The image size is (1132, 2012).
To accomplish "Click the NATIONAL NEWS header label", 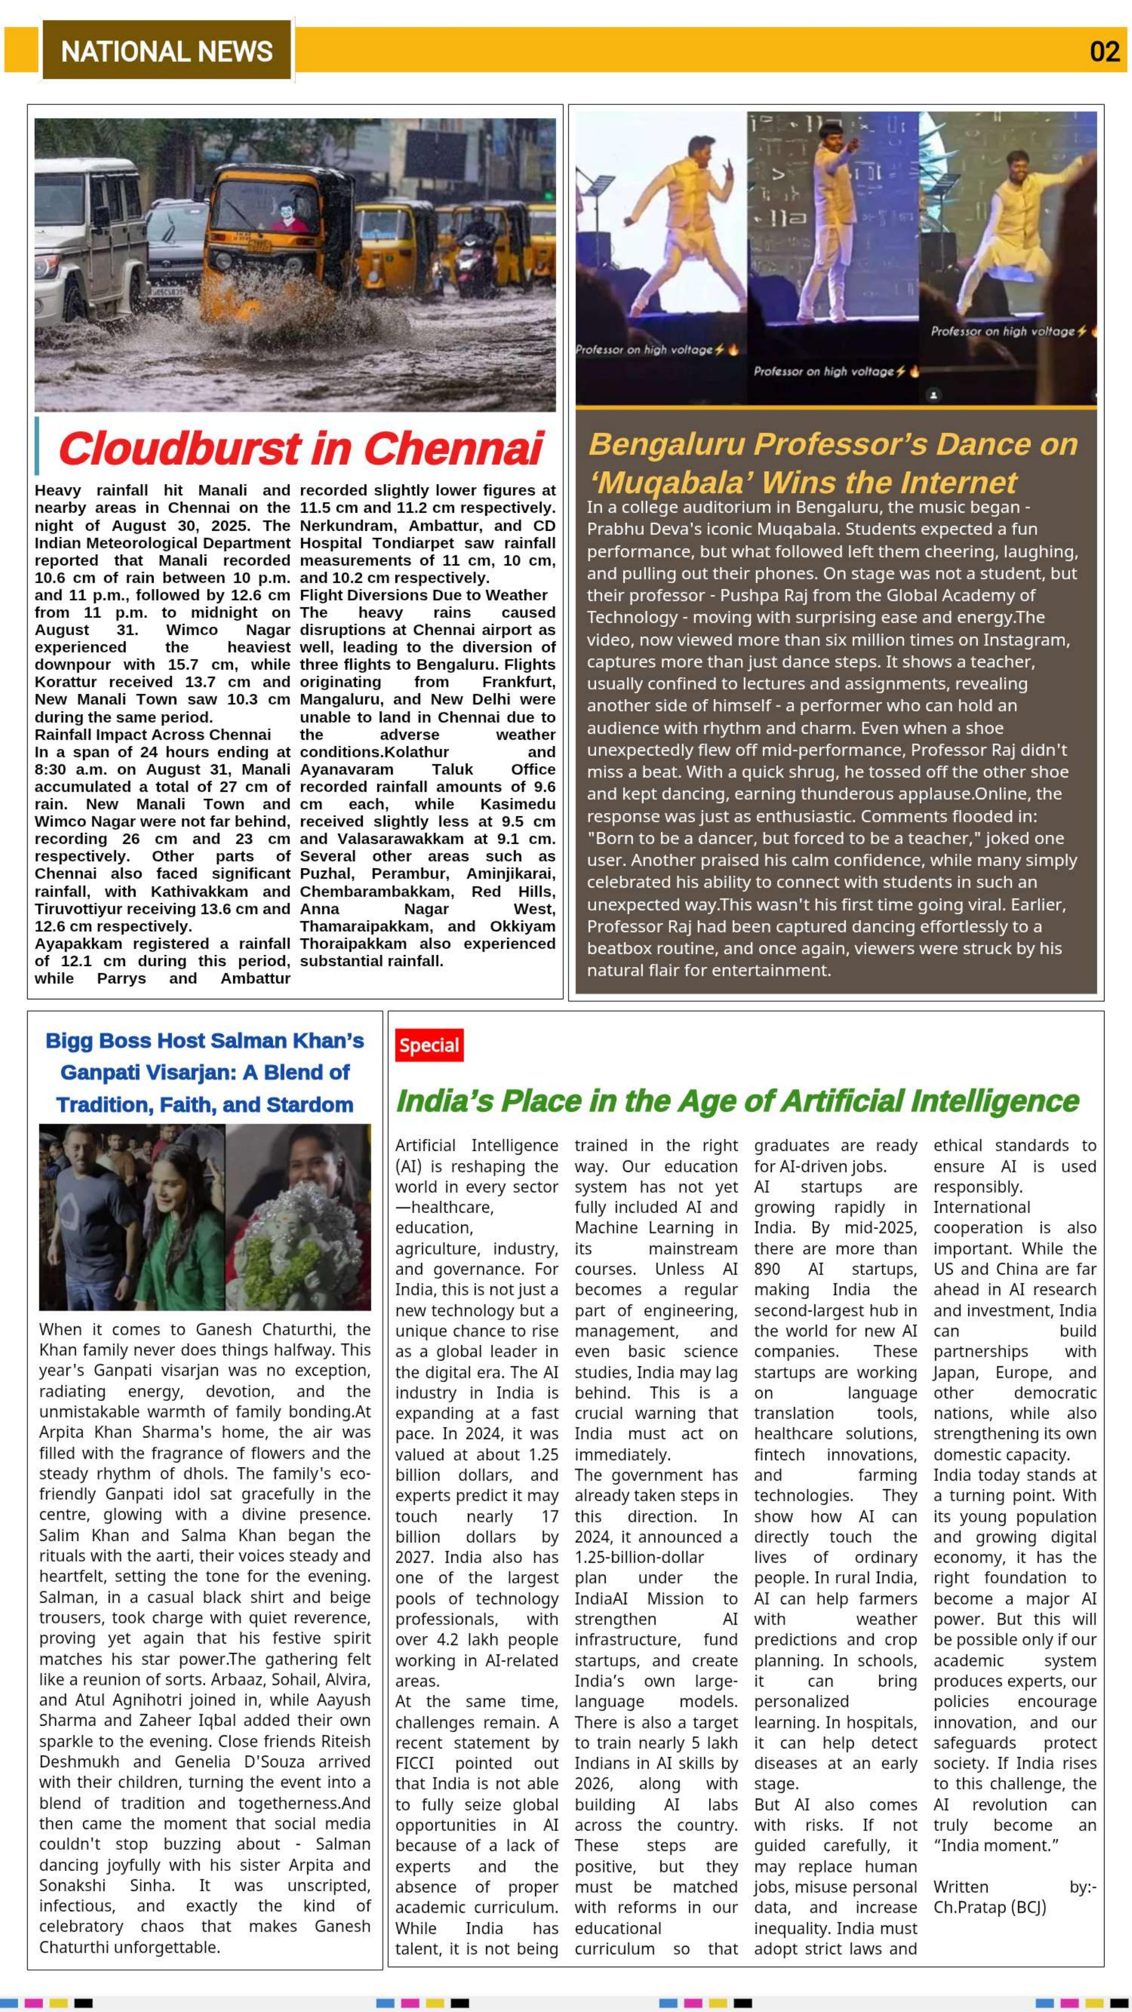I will [x=167, y=52].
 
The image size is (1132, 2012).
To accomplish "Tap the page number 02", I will [x=1104, y=52].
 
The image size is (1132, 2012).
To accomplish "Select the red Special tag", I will [x=429, y=1045].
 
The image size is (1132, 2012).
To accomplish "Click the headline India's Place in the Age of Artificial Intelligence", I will [x=736, y=1101].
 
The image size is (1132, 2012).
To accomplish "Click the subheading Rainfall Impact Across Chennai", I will [x=152, y=734].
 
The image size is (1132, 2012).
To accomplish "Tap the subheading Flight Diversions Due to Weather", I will [x=424, y=594].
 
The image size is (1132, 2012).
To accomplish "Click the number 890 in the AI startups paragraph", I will [x=767, y=1269].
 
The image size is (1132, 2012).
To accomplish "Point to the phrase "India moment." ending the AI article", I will [x=996, y=1845].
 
